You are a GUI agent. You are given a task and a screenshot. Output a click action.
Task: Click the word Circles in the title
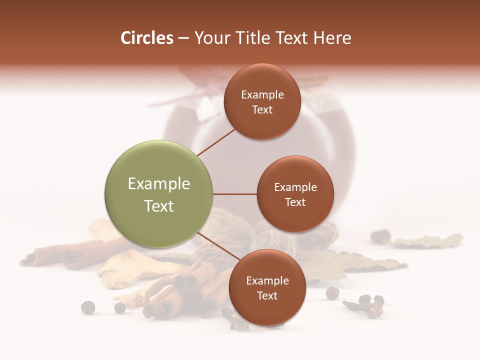point(146,38)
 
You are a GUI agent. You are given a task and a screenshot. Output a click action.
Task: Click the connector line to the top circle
point(216,141)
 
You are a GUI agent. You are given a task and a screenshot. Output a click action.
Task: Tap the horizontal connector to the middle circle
point(235,194)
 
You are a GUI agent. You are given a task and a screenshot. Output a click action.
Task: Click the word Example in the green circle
point(159,184)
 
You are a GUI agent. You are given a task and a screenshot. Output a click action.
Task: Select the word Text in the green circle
point(159,206)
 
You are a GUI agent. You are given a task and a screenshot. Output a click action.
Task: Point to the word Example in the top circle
point(262,95)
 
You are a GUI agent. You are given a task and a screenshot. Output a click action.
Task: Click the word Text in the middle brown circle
point(295,202)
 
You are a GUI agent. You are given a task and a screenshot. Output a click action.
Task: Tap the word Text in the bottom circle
point(267,296)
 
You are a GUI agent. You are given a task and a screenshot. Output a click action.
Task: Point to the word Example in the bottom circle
point(267,281)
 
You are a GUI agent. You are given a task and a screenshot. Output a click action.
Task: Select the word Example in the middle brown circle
point(295,187)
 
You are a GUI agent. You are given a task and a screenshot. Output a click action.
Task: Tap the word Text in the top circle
point(262,110)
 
